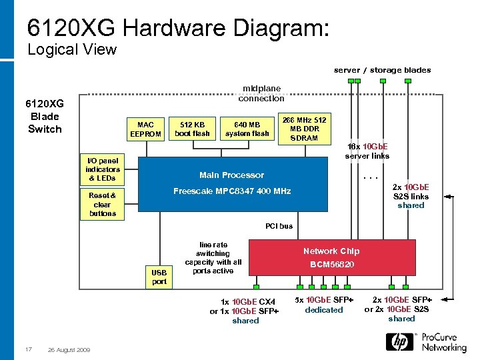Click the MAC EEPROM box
(145, 129)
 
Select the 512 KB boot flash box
(192, 129)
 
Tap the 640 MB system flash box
(247, 129)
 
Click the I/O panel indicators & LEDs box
(103, 169)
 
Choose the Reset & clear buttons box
(103, 205)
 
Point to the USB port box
(159, 277)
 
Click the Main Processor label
(231, 175)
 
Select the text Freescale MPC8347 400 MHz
(232, 191)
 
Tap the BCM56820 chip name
(331, 265)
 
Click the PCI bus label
(279, 226)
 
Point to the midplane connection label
(261, 93)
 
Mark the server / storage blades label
(382, 70)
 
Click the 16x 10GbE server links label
(367, 151)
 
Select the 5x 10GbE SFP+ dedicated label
(324, 305)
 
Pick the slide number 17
(28, 349)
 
